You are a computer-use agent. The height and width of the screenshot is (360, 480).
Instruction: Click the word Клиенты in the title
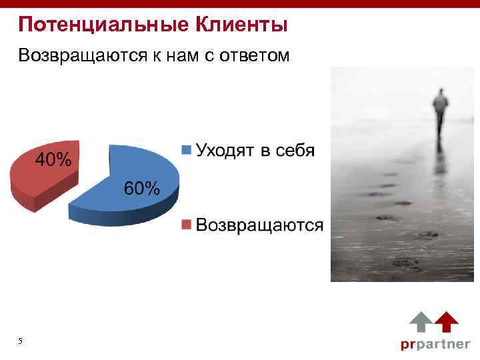(x=241, y=25)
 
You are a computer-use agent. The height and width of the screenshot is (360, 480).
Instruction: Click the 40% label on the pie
(x=53, y=160)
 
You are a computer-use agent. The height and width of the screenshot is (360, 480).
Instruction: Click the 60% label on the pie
(x=142, y=189)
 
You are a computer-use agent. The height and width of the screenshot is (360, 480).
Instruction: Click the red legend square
(x=187, y=225)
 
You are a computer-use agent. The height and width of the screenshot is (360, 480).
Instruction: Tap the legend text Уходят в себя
(x=254, y=149)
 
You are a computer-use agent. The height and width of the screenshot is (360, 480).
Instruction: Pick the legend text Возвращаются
(x=259, y=225)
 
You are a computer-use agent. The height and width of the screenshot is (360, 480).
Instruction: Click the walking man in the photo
(x=440, y=113)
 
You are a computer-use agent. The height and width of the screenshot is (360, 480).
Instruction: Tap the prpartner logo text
(x=435, y=345)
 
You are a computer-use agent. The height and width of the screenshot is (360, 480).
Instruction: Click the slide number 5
(x=21, y=341)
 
